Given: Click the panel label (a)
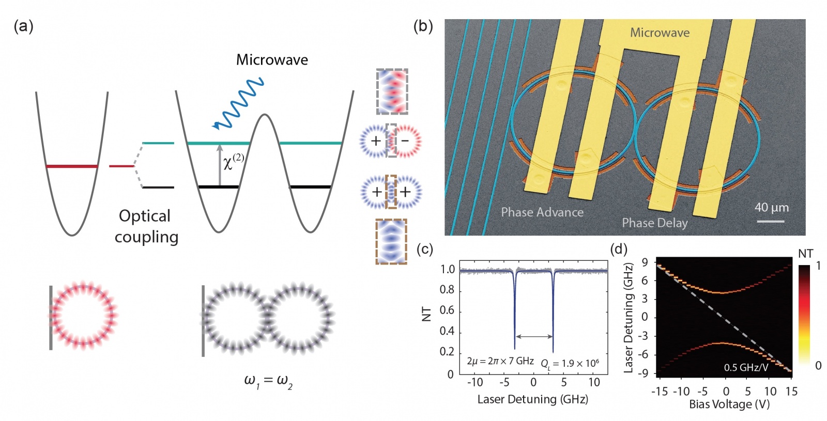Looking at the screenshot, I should coord(23,26).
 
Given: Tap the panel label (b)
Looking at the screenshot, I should coord(423,26).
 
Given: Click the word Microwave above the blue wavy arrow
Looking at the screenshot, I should coord(272,60).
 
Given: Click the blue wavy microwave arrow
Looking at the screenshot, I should coord(239,104).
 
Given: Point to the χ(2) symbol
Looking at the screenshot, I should coord(233,162).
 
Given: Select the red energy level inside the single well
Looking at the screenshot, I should coord(72,166).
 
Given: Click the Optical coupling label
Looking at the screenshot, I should coord(146,226).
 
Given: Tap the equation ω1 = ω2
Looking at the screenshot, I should coord(268,381).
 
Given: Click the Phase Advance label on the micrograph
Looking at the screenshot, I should coord(542,212).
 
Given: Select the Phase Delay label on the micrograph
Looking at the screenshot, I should coord(654,223).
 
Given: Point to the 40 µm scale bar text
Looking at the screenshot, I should coord(771,208).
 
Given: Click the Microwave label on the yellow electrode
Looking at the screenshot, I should coord(660,33).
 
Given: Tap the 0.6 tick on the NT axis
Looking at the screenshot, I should coord(447,310).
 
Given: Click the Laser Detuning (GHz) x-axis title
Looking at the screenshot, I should coord(532,399).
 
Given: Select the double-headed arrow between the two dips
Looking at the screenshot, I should coord(534,337).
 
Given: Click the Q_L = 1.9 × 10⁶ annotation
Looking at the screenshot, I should coord(570,364).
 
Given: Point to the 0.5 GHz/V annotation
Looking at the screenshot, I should coord(745,367).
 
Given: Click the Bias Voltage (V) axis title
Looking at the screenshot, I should coord(729,404).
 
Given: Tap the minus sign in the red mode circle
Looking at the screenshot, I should coord(405,141).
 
